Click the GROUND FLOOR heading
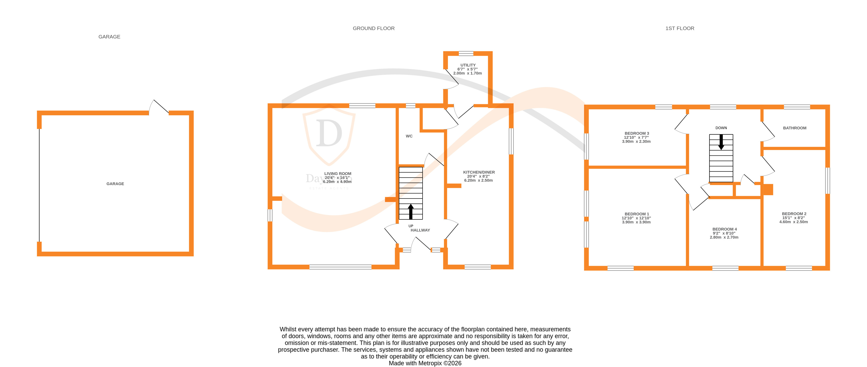tap(374, 28)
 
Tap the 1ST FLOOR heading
tap(680, 28)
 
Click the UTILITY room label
tap(468, 65)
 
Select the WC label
tap(409, 136)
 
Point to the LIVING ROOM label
tap(338, 173)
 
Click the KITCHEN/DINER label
tap(479, 172)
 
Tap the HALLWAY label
tap(420, 230)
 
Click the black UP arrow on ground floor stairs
tap(411, 211)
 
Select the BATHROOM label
tap(794, 128)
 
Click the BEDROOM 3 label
tap(637, 133)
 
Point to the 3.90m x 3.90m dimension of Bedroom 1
tap(636, 222)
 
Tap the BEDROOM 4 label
tap(724, 229)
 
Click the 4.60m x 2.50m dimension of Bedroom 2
tap(793, 222)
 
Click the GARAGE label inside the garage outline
tap(115, 184)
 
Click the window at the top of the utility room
tap(466, 53)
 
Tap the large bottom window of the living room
tap(340, 267)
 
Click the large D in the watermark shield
tap(329, 133)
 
